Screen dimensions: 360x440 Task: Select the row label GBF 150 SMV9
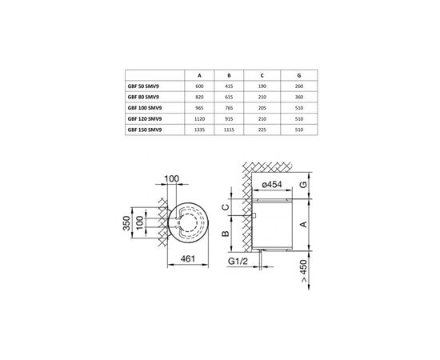(x=144, y=128)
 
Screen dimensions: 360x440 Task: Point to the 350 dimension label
(x=126, y=220)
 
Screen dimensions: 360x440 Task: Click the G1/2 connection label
(x=238, y=260)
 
